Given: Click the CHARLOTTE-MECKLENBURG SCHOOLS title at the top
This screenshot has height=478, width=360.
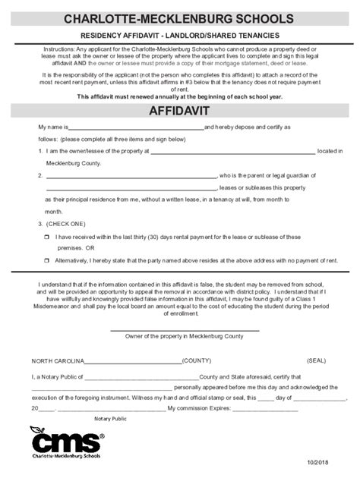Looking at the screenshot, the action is (x=179, y=17).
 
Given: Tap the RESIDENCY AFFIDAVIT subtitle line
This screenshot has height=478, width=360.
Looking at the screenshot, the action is (x=180, y=36).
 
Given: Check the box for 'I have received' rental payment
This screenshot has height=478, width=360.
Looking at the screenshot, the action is (x=47, y=237).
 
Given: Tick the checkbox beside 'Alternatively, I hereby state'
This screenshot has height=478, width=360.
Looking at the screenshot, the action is (x=47, y=260).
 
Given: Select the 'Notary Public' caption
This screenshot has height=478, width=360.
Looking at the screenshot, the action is (x=111, y=419).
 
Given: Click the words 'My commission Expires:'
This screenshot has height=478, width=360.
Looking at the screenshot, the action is (x=198, y=407).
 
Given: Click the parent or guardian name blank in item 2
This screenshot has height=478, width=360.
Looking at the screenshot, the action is (x=131, y=176).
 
